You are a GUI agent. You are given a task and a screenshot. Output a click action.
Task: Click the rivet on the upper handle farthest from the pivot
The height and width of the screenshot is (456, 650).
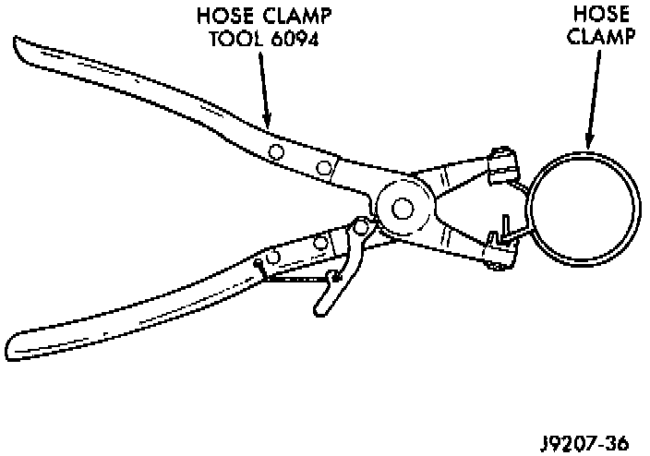(x=276, y=150)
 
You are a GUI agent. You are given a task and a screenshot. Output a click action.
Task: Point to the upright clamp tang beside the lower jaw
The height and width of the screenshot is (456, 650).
(x=507, y=224)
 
